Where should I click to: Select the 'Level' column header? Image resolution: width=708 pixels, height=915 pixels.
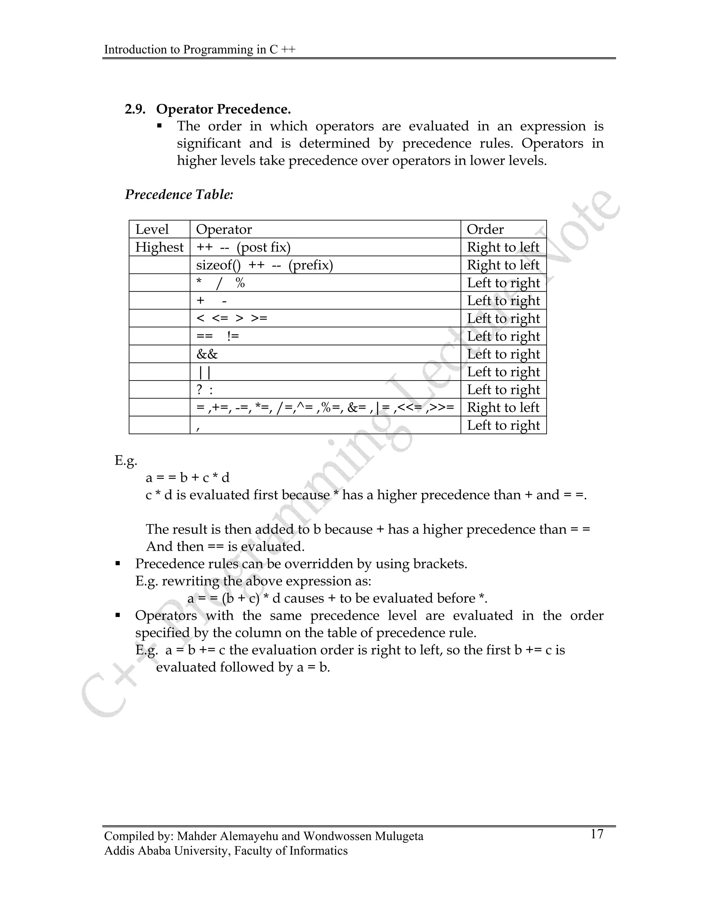[152, 230]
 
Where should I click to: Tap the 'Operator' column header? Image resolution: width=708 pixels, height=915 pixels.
[224, 230]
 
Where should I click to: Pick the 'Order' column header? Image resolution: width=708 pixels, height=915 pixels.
[485, 230]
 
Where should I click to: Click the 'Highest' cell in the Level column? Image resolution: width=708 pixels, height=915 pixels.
[159, 247]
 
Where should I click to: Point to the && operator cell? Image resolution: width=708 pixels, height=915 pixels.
[207, 355]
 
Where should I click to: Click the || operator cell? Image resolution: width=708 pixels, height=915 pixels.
[204, 372]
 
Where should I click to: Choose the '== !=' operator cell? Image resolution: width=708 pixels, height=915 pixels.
[217, 336]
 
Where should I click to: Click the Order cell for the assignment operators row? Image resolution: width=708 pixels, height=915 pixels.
[503, 408]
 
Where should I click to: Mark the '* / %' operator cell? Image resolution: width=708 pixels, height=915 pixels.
[220, 283]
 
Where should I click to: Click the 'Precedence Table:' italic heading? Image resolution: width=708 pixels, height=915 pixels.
[179, 195]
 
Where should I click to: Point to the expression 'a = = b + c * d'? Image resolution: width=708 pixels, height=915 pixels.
[187, 478]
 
